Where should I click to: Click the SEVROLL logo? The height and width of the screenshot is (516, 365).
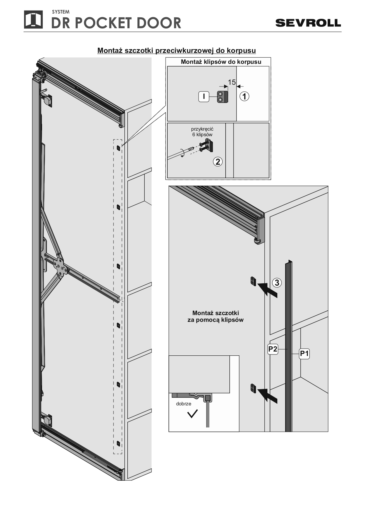[308, 23]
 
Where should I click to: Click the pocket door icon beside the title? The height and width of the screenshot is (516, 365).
[33, 20]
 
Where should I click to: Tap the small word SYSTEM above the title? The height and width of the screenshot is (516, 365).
[61, 12]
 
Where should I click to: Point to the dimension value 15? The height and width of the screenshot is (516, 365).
[232, 82]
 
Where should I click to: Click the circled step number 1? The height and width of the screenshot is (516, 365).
[244, 96]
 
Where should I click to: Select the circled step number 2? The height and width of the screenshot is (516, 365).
[218, 162]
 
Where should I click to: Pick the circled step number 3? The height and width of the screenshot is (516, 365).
[277, 283]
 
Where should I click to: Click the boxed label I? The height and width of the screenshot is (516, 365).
[204, 96]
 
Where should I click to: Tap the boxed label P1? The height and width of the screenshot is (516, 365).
[304, 353]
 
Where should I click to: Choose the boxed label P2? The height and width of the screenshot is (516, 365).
[273, 349]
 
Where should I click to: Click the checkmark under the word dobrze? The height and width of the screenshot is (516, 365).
[193, 413]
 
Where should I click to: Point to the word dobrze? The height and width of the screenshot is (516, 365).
[184, 404]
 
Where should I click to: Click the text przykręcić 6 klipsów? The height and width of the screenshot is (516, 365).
[202, 132]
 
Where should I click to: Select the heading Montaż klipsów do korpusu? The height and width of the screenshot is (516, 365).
[221, 62]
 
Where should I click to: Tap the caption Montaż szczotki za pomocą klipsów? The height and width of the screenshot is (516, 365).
[216, 317]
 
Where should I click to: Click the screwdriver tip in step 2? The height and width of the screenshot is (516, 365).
[193, 148]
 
